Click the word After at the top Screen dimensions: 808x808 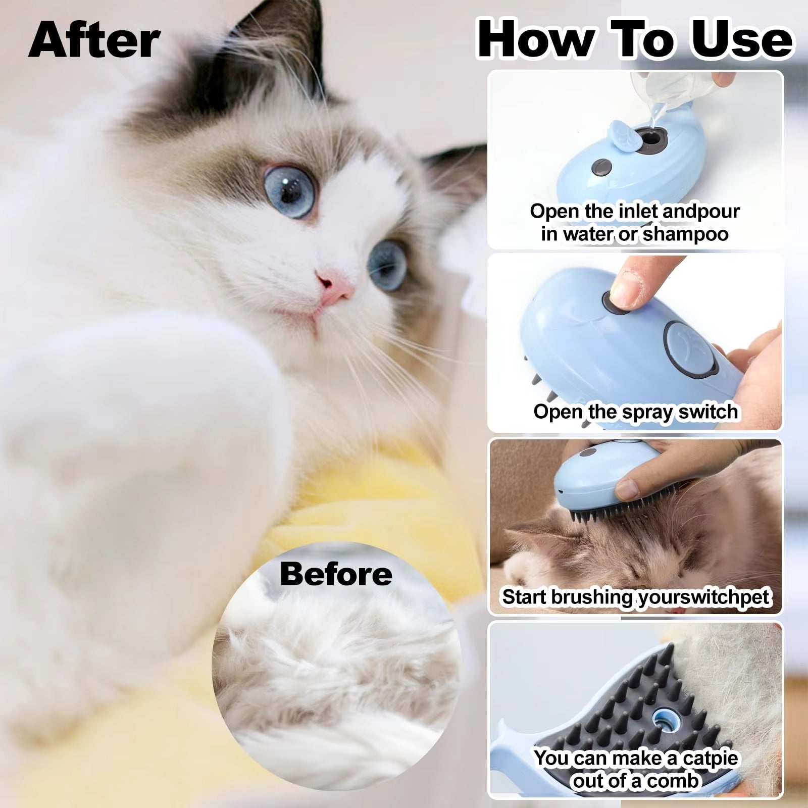[x=94, y=40]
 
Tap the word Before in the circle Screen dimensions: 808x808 [x=336, y=574]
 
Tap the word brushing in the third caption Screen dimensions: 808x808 [x=591, y=597]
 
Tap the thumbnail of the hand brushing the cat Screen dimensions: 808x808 [x=635, y=527]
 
